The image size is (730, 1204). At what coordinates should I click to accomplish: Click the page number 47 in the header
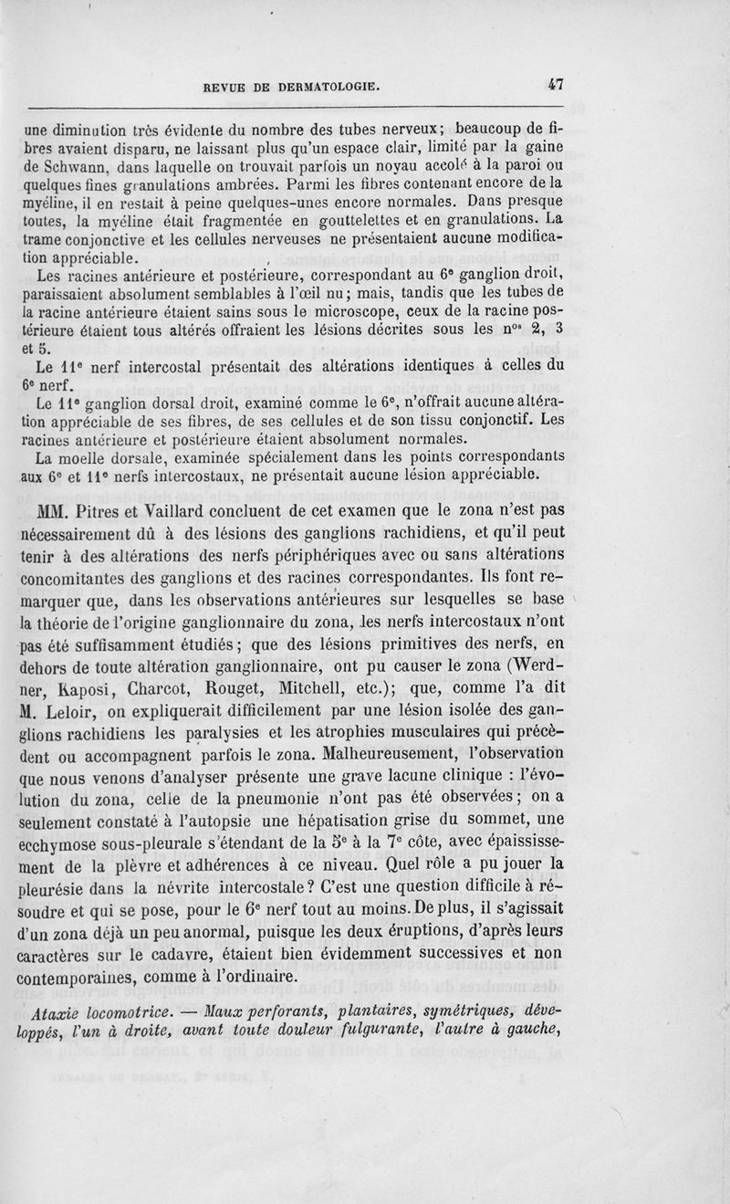[x=556, y=84]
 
